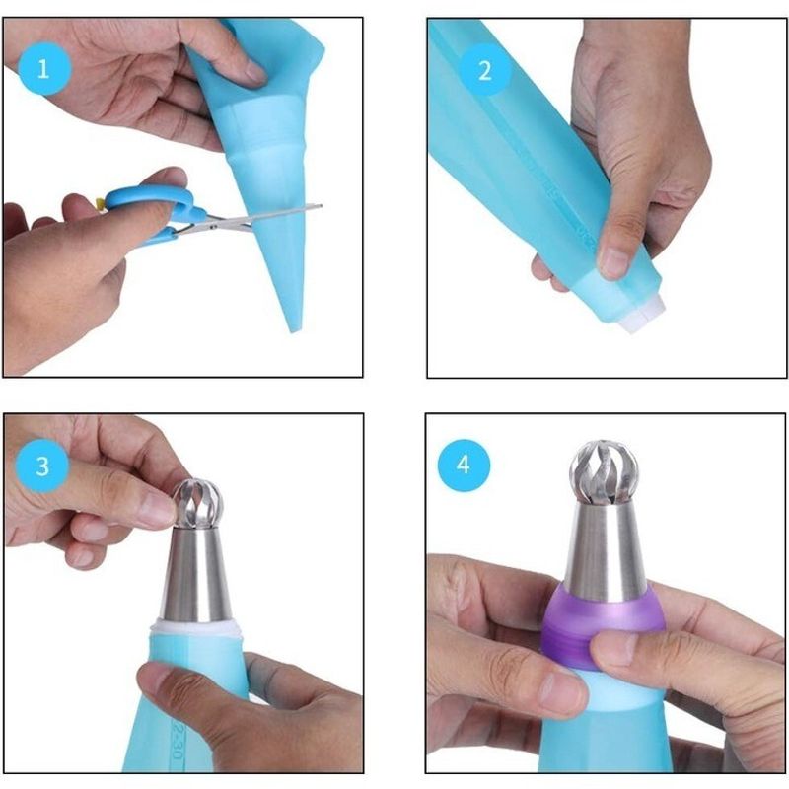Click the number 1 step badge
point(42,69)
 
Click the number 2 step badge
point(484,71)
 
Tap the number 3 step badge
point(42,465)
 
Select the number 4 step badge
point(464,464)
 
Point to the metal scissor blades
point(266,215)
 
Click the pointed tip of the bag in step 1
point(292,325)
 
